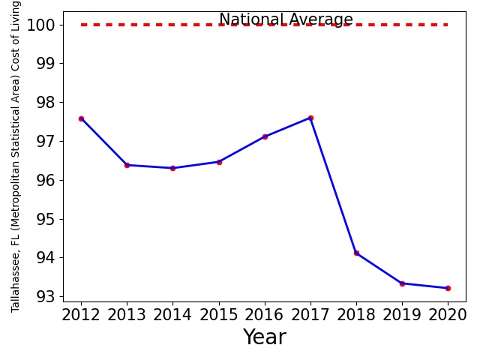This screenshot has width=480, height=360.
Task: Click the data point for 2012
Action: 81,118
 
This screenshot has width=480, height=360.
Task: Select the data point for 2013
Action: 127,165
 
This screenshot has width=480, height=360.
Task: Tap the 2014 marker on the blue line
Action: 172,168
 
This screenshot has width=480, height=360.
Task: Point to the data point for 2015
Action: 219,162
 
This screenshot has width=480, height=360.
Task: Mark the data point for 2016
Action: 265,136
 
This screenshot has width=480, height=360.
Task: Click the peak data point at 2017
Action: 310,118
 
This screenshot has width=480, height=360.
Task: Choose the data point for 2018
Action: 356,253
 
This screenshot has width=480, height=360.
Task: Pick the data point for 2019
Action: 402,283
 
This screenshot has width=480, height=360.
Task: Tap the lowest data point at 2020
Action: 448,288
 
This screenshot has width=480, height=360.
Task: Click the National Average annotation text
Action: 286,19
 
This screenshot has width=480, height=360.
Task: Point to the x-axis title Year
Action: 265,337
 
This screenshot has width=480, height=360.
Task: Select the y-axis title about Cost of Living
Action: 15,157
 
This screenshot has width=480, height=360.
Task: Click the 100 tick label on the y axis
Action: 41,25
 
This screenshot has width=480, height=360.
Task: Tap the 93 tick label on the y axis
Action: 46,297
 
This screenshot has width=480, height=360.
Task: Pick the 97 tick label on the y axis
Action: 46,142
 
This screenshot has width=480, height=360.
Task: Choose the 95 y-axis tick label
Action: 46,219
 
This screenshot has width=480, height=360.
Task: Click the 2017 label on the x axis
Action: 310,315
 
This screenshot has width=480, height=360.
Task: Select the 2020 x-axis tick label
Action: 448,315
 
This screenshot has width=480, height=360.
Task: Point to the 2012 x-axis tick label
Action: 81,315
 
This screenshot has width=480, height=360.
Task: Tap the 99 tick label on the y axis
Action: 46,63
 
